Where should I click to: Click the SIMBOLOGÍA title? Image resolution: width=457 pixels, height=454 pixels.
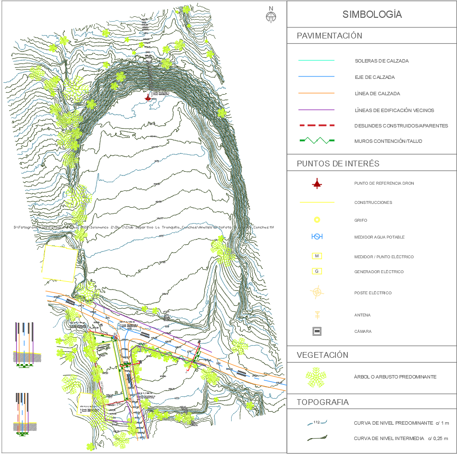[372, 14]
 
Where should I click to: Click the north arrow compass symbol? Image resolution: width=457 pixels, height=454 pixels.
[271, 16]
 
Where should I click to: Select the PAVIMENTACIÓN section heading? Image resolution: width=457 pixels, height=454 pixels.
[330, 36]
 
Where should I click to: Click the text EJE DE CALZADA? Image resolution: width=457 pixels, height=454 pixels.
[374, 77]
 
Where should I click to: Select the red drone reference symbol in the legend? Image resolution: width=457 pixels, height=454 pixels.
[317, 183]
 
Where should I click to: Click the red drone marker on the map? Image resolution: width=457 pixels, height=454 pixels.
[148, 97]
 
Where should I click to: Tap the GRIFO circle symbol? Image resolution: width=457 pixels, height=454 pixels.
[317, 220]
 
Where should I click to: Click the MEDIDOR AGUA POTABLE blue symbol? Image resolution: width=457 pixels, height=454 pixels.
[317, 237]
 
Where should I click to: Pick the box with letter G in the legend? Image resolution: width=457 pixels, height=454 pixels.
[317, 272]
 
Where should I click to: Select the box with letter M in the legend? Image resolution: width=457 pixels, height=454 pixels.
[317, 256]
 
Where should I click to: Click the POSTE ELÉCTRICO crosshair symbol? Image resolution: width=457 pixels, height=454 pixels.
[317, 292]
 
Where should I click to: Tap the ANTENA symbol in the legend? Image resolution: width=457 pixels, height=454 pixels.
[317, 315]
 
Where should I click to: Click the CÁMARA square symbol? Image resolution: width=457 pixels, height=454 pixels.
[317, 331]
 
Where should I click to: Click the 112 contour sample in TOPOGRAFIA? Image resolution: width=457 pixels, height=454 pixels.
[317, 423]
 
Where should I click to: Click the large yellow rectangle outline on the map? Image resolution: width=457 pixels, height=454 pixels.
[60, 263]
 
